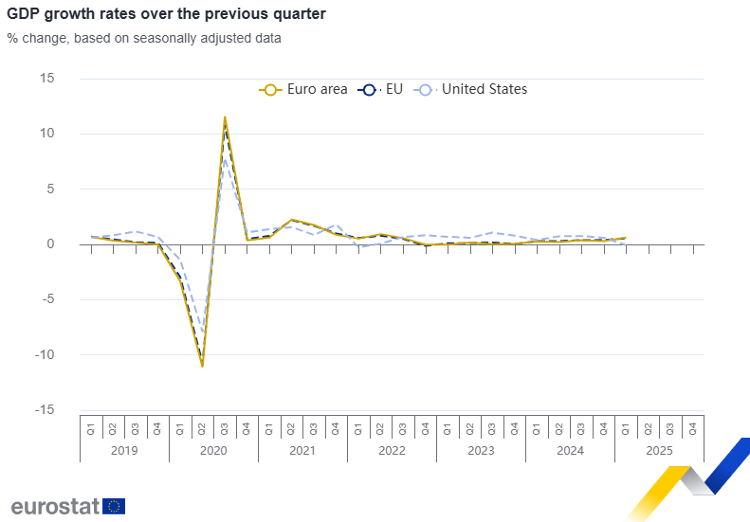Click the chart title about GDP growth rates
(166, 14)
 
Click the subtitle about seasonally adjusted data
(144, 39)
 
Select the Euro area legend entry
(303, 89)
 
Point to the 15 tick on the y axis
(47, 78)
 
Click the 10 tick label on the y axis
(47, 134)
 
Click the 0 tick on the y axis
(50, 244)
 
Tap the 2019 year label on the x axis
(124, 450)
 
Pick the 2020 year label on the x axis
(213, 450)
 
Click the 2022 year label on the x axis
(392, 450)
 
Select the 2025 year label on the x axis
(659, 450)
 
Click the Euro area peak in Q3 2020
(225, 117)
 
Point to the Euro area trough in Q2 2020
(202, 366)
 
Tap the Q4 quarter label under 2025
(693, 427)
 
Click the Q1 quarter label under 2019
(91, 427)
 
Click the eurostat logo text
(55, 506)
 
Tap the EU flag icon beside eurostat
(114, 506)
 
